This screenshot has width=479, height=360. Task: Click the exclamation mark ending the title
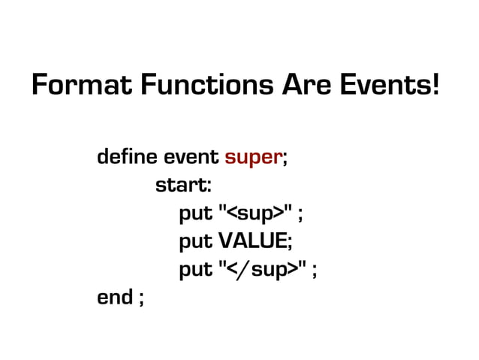(x=435, y=86)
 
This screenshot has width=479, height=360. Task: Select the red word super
(x=253, y=159)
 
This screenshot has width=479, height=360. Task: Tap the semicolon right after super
(x=285, y=160)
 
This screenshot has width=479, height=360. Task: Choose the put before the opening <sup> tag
(x=195, y=215)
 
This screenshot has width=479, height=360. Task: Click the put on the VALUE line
(x=195, y=243)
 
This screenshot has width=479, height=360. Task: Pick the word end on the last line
(x=114, y=297)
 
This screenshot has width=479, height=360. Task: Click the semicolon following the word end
(x=140, y=299)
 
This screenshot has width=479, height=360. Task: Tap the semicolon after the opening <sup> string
(x=300, y=216)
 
